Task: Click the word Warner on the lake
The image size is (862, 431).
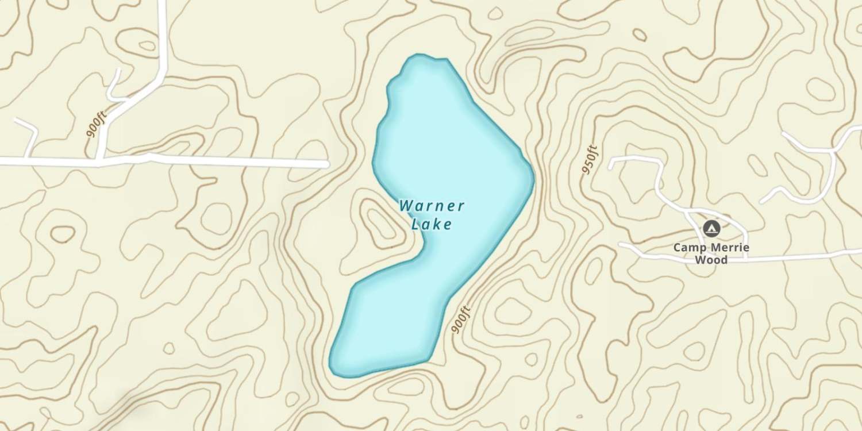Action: pos(432,206)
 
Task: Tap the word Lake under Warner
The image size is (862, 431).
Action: pos(432,224)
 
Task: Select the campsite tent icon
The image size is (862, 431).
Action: pos(711,229)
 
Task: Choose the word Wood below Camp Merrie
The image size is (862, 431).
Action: pos(711,260)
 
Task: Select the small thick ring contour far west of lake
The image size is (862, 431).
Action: pos(63,233)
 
